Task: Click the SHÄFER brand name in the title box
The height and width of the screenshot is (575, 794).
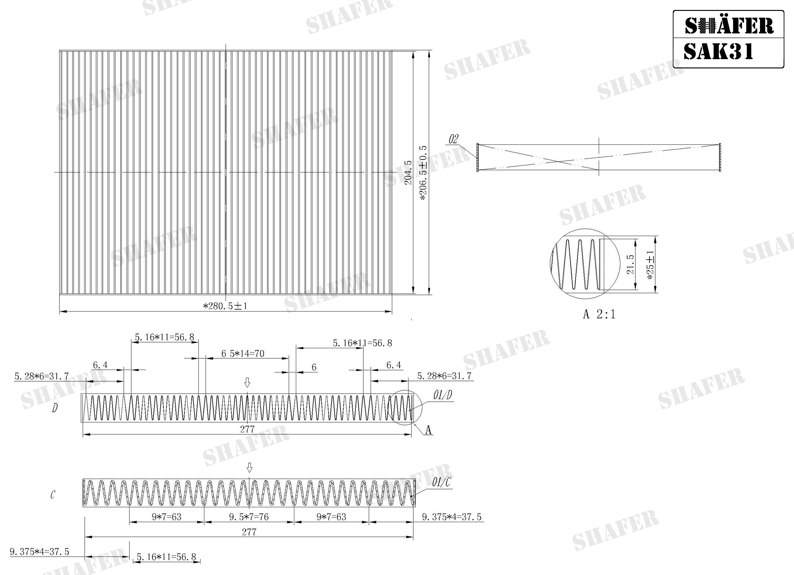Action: tap(729, 26)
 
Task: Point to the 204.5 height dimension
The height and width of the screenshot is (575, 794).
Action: tap(408, 173)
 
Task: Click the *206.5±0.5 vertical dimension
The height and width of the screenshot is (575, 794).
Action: tap(423, 173)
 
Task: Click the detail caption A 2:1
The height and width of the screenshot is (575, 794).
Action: tap(599, 314)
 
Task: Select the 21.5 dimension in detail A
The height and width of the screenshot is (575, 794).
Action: tap(630, 264)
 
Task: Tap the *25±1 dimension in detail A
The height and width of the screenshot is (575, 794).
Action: tap(650, 265)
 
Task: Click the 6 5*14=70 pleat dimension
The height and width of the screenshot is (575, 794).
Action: tap(243, 353)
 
